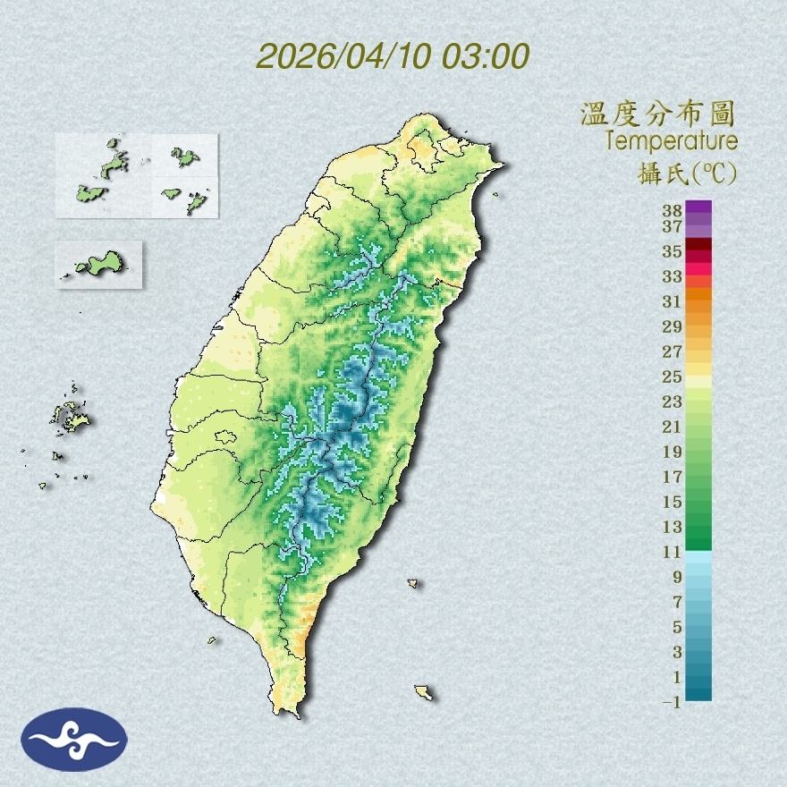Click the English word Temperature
pos(671,141)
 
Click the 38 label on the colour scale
pos(673,211)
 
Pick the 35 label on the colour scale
pos(673,251)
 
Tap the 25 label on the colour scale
pos(673,377)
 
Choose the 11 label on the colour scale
pos(673,552)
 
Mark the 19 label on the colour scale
pos(673,452)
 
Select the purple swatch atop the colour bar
pos(698,208)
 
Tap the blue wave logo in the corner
pos(75,740)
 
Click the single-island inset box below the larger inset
pos(98,264)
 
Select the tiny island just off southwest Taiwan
pos(213,639)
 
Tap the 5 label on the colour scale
pos(677,627)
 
